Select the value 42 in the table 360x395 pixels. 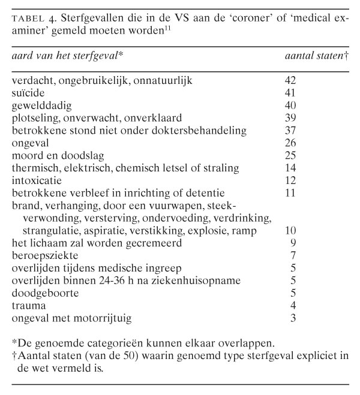(x=290, y=80)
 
